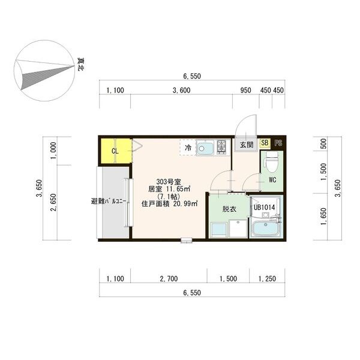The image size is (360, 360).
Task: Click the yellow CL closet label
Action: coord(115,151)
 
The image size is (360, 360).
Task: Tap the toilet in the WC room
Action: coord(272,161)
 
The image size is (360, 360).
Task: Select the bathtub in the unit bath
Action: coord(265,229)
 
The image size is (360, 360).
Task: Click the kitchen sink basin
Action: coord(205,148)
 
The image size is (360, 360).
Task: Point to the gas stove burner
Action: coord(221,147)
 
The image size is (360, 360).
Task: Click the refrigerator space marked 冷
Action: coord(188,148)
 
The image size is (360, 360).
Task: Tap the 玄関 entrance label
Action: coord(247,145)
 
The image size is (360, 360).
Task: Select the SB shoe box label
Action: coord(265,143)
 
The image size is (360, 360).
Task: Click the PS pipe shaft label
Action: coord(278,143)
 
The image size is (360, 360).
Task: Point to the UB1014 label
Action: coord(264,208)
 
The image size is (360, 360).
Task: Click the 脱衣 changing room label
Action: coord(229,209)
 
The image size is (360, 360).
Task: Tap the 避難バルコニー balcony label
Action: coord(109,202)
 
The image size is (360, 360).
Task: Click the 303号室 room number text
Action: coord(169,182)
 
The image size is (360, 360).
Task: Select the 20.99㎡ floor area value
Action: coord(185,203)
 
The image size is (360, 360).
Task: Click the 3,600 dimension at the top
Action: coord(181,90)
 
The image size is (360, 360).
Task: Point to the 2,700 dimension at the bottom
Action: coord(169,279)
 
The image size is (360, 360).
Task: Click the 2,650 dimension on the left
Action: coord(53,202)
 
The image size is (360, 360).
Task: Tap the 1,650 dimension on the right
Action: coord(323,216)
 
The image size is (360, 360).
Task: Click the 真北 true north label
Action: coord(81,64)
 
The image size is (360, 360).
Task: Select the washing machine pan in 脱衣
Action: coord(238,228)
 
